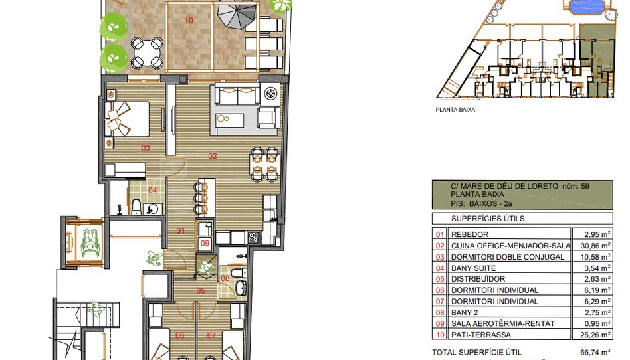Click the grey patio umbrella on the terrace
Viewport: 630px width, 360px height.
(237, 15)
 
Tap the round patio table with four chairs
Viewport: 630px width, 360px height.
(147, 52)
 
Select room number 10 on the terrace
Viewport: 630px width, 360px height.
(189, 20)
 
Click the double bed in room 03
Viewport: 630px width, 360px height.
(127, 119)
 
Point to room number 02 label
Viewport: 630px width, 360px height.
(213, 156)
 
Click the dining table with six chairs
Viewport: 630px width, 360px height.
(264, 164)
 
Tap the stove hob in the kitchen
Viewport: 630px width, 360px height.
(253, 238)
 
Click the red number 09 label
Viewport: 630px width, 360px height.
(205, 243)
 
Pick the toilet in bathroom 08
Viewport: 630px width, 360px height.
(241, 272)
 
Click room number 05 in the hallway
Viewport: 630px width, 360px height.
(201, 291)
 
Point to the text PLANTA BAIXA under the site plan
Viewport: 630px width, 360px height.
(455, 110)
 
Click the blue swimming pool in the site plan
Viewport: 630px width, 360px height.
(586, 7)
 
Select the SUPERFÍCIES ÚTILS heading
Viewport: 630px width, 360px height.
(488, 219)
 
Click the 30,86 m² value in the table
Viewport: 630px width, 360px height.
(593, 246)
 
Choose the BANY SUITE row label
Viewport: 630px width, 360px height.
(473, 268)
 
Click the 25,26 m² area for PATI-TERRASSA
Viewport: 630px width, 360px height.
(593, 334)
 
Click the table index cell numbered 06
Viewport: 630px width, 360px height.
(441, 290)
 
